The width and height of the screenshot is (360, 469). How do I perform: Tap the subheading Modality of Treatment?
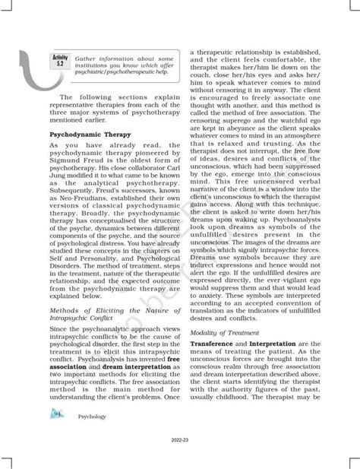225,332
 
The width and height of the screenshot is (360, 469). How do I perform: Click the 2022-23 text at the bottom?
182,439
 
